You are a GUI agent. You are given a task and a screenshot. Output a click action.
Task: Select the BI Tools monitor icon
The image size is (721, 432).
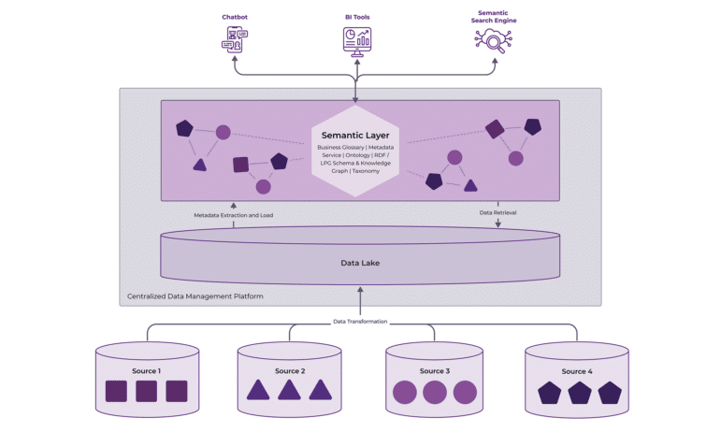[x=355, y=39]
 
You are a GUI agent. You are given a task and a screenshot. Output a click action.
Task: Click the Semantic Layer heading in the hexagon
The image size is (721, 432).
[x=354, y=135]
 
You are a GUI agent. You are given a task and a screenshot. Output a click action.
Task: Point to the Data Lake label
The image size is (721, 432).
[x=360, y=263]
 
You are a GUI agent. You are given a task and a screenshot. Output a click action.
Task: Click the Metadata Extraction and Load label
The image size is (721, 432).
[x=233, y=214]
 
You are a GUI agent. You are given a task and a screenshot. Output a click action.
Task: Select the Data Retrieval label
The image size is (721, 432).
[x=498, y=212]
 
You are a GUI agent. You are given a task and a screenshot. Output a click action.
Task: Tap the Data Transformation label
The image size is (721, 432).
[x=360, y=322]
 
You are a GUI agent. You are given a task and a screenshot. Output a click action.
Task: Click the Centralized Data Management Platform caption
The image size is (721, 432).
[x=195, y=296]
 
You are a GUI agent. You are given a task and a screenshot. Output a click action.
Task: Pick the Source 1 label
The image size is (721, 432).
[x=146, y=371]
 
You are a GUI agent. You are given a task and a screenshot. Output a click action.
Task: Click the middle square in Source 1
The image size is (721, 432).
[x=146, y=391]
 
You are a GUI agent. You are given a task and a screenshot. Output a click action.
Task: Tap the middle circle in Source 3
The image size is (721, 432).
[x=433, y=391]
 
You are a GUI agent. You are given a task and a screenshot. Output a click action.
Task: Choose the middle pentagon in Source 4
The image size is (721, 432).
[x=578, y=391]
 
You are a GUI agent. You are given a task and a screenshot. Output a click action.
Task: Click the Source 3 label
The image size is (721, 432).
[x=433, y=371]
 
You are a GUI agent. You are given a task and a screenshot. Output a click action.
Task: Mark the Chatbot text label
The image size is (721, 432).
[x=235, y=17]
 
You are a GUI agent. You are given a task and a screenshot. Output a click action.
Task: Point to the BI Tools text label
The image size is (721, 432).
[x=355, y=17]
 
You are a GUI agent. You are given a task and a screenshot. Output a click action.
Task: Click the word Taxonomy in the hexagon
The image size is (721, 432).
[x=372, y=171]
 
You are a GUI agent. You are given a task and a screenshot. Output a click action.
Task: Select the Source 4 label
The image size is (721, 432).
[x=578, y=371]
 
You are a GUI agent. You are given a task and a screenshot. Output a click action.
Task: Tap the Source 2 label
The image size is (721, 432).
[x=290, y=371]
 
